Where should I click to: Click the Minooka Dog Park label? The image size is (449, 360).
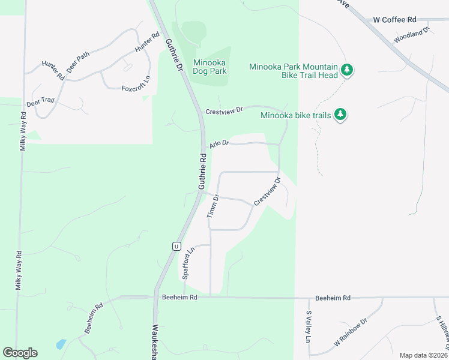pos(209,67)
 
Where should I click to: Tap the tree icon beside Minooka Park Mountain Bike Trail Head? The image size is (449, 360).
pos(346,71)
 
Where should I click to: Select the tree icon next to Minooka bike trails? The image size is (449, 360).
pos(340,115)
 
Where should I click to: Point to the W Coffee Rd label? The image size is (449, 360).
pos(394,20)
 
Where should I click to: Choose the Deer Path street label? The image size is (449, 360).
pos(78,62)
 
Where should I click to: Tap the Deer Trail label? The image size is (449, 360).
pos(40,102)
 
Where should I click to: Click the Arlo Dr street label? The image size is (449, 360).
pos(219,143)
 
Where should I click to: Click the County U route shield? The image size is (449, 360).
pos(176,246)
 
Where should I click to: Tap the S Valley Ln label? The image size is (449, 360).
pos(309,326)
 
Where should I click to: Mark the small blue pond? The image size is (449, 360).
pos(61,344)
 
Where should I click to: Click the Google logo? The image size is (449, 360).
pos(20,353)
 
